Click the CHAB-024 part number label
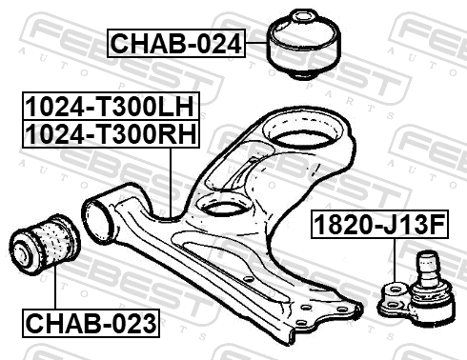[x=176, y=43]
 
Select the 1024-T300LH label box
[x=111, y=106]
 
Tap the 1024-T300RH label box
[x=111, y=134]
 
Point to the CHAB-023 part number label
[x=91, y=323]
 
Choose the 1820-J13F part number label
[x=379, y=224]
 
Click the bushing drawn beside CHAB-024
[x=303, y=44]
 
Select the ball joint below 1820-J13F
[x=416, y=289]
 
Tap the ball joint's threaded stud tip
[x=427, y=254]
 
